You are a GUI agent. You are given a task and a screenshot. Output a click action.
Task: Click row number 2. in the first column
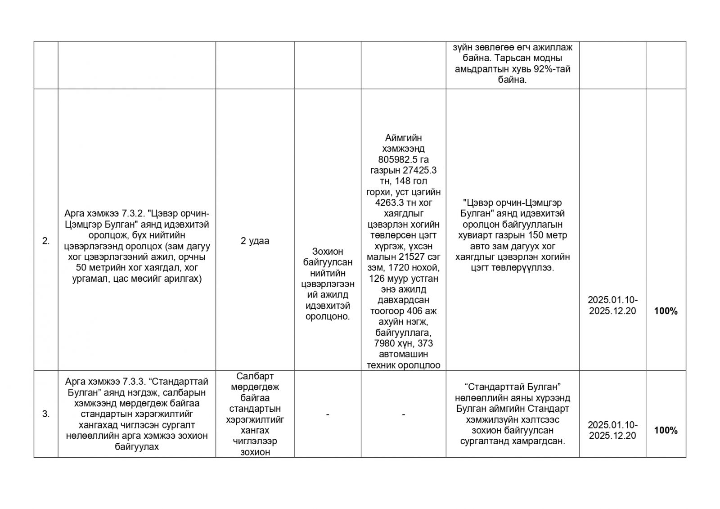coord(46,241)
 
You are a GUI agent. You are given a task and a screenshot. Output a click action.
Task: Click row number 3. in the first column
coord(46,414)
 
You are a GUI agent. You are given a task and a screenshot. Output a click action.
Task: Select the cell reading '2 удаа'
coord(255,241)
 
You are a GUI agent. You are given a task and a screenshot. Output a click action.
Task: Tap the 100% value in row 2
coord(666,311)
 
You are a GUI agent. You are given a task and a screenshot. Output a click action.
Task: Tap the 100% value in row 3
coord(666,431)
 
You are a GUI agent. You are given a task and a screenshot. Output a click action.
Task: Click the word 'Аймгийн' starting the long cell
coord(403,138)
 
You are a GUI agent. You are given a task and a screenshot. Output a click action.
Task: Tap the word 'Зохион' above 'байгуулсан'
coord(327,252)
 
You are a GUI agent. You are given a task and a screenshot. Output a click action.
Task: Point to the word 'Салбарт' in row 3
coord(255,376)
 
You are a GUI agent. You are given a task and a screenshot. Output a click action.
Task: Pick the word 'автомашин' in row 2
coord(403,354)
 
